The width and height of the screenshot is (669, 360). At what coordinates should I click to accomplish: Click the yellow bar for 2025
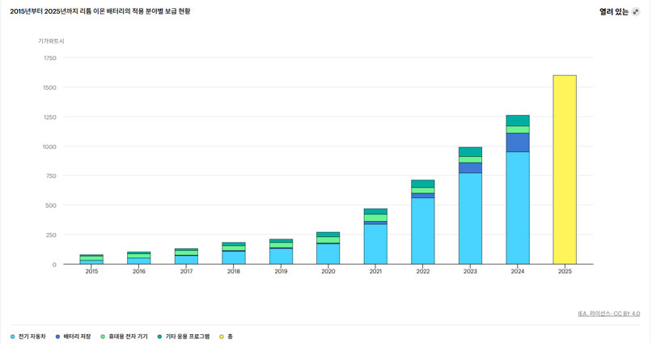(x=565, y=170)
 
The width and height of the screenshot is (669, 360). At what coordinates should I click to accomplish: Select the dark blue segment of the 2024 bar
(x=518, y=142)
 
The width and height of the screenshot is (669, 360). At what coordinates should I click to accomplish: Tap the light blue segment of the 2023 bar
(x=470, y=218)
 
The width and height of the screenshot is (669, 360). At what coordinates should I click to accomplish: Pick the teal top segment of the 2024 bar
(x=518, y=121)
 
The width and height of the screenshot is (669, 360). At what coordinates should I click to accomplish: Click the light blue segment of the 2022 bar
(x=423, y=231)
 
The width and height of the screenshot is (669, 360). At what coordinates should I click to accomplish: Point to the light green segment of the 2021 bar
(x=375, y=218)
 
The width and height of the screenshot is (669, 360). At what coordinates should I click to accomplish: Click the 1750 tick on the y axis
(x=50, y=58)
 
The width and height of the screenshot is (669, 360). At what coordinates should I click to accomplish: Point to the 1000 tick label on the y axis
(x=50, y=146)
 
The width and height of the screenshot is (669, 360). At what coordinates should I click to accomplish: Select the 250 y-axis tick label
(x=51, y=235)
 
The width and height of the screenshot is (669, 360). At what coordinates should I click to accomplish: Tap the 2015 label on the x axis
(x=91, y=271)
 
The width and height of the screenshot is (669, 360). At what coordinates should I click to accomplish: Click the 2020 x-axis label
(x=328, y=271)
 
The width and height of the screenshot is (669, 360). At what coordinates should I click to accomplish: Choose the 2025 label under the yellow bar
(x=565, y=271)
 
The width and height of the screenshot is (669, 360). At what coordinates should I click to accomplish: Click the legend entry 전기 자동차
(x=28, y=337)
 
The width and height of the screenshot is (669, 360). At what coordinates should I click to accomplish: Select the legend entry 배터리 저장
(x=74, y=337)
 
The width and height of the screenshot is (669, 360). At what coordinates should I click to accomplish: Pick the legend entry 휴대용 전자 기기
(x=124, y=337)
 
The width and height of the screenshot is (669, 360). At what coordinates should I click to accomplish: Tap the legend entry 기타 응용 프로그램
(x=184, y=337)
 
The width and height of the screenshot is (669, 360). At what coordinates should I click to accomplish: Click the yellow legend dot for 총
(x=222, y=337)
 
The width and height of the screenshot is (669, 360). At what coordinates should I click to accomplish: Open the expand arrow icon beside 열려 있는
(x=636, y=12)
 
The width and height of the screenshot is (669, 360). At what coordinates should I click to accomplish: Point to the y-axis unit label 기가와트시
(x=51, y=41)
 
